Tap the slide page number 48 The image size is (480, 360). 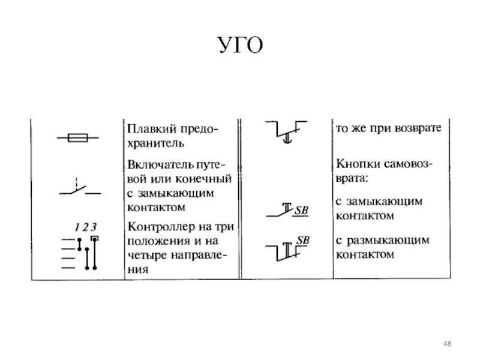[446, 343]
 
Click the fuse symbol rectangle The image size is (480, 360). [79, 139]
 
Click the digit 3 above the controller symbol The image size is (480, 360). [94, 227]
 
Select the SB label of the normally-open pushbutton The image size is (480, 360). [301, 211]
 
